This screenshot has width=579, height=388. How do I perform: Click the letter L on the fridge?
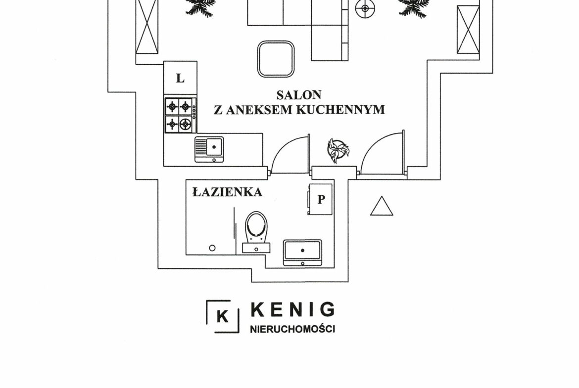pos(180,78)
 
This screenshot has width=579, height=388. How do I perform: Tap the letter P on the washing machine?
pos(321,200)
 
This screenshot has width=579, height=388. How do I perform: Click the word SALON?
pos(299,94)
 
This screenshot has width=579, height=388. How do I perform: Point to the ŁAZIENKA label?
pos(227,192)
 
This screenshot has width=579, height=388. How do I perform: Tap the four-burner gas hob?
pos(179,115)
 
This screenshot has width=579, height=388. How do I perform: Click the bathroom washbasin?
pos(302,252)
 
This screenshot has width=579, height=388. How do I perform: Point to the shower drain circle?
pos(212,248)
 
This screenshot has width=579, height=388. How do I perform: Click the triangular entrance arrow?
pos(382,207)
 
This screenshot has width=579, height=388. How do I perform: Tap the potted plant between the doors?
pos(338,150)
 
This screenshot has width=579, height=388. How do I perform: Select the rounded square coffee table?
pos(276,59)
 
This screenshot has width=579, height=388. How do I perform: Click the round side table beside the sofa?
pos(365,8)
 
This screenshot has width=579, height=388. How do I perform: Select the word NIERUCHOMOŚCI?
pos(292,329)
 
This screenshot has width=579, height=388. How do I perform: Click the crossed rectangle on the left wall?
pos(147,27)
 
